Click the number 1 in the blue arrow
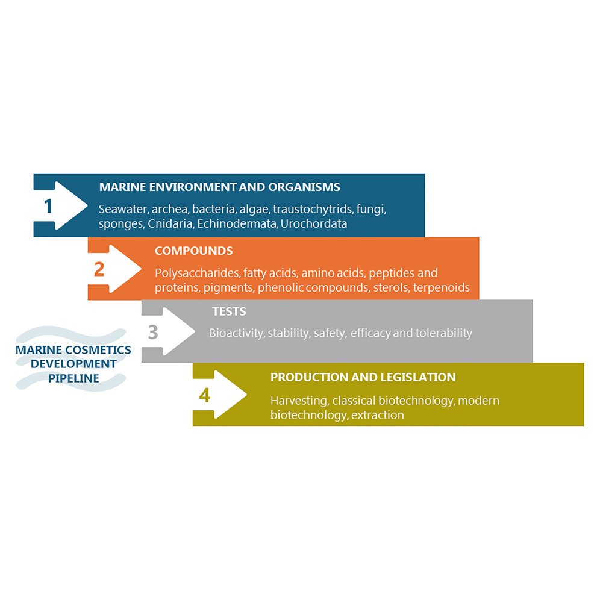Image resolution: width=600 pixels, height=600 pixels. pyautogui.click(x=48, y=206)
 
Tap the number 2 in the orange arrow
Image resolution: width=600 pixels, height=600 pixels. pyautogui.click(x=99, y=269)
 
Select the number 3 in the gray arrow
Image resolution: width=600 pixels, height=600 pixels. pyautogui.click(x=153, y=332)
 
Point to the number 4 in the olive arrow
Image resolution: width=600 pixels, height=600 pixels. pyautogui.click(x=205, y=395)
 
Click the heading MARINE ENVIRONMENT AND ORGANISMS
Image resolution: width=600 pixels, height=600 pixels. pyautogui.click(x=219, y=187)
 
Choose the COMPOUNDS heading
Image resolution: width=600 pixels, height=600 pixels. pyautogui.click(x=193, y=250)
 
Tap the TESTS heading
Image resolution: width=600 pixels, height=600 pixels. pyautogui.click(x=229, y=312)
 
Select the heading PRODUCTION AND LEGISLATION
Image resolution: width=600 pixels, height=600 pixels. pyautogui.click(x=363, y=377)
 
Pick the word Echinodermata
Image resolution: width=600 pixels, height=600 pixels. pyautogui.click(x=237, y=224)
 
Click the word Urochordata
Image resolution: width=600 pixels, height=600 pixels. pyautogui.click(x=314, y=224)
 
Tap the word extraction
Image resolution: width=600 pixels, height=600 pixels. pyautogui.click(x=377, y=415)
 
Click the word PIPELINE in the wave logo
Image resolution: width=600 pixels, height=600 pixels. pyautogui.click(x=73, y=378)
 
